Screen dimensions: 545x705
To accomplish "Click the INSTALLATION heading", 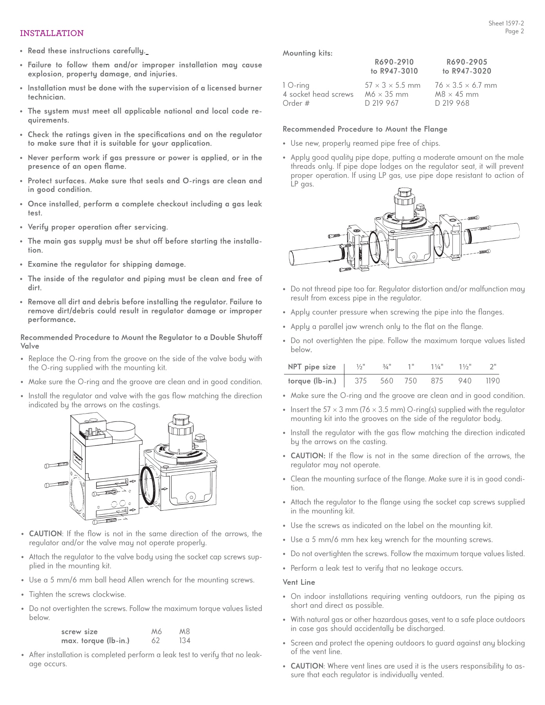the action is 52,33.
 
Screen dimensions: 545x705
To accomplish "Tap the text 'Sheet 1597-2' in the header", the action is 506,23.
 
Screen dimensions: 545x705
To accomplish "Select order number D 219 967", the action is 382,103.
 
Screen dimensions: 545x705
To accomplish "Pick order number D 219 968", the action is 452,103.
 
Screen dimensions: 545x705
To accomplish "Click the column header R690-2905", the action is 467,62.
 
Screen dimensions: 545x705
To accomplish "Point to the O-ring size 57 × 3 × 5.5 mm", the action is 392,85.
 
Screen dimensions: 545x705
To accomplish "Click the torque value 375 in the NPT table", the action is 360,381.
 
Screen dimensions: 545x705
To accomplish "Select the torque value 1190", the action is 492,381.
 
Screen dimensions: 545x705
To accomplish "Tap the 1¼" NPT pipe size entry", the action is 437,367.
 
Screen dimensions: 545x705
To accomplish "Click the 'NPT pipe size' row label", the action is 311,367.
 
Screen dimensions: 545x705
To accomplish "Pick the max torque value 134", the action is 184,641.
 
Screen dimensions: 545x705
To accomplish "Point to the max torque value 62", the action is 156,641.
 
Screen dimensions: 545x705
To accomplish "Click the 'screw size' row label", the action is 80,631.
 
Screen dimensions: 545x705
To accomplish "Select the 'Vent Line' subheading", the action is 299,582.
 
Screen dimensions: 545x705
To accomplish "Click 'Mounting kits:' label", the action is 308,53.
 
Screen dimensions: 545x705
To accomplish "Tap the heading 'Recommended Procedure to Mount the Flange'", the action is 365,129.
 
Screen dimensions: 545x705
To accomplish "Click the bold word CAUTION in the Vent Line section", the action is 307,666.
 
